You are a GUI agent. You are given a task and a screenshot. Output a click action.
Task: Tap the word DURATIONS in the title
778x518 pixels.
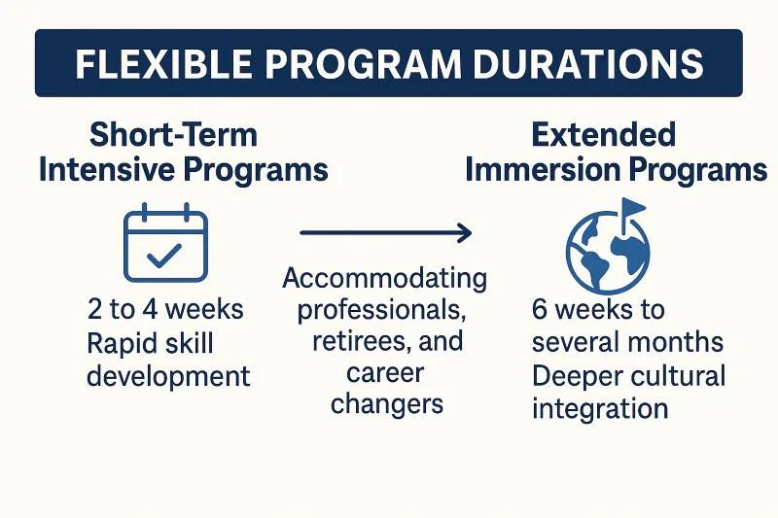click(x=588, y=63)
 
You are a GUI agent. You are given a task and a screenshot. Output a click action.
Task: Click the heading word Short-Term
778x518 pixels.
click(x=173, y=135)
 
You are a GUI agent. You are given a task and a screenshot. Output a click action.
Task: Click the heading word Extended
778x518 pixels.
click(x=603, y=135)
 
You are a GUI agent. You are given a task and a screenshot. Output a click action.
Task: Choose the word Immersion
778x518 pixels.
click(x=543, y=170)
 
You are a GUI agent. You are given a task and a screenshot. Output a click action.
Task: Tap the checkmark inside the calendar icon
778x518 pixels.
click(x=164, y=256)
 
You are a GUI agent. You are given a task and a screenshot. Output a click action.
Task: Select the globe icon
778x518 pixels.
click(x=608, y=251)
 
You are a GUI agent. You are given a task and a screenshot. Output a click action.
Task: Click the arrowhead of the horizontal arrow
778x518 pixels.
click(x=465, y=233)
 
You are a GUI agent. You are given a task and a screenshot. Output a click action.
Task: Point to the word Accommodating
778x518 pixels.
click(x=384, y=279)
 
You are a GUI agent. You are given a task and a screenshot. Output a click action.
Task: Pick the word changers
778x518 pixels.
click(x=386, y=404)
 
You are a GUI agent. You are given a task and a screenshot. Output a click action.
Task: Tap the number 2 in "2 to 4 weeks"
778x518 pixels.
click(x=94, y=309)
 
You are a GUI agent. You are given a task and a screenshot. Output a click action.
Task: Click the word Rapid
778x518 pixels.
click(x=118, y=343)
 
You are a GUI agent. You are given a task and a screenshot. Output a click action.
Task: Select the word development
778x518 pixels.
click(x=168, y=377)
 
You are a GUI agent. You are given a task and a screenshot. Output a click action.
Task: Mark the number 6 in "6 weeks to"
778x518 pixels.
click(x=540, y=309)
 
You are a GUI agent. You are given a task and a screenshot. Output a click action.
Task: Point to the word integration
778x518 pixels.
click(x=600, y=409)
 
